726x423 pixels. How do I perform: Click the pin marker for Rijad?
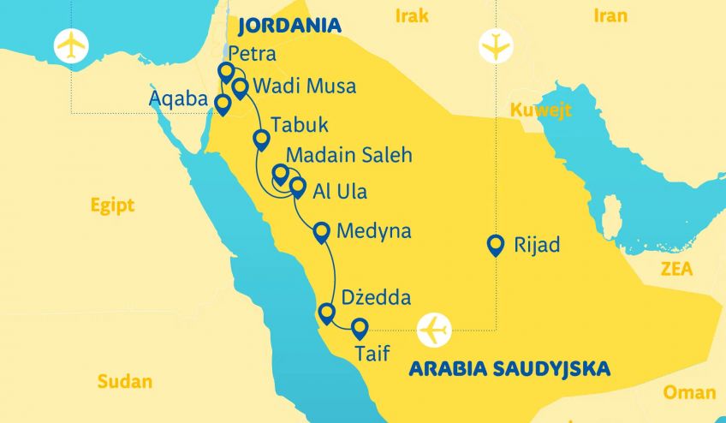(494, 245)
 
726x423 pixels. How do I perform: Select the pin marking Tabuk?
(261, 140)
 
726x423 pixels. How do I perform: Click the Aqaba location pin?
(223, 104)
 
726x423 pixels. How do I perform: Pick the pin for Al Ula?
(297, 186)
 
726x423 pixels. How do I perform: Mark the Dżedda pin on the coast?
(325, 313)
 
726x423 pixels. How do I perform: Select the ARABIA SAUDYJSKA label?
(509, 369)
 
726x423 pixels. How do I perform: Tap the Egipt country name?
(113, 205)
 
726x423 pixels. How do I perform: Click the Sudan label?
(124, 382)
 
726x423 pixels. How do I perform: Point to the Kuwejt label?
(540, 110)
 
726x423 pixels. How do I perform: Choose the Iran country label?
(610, 15)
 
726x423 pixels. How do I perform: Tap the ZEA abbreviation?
(675, 270)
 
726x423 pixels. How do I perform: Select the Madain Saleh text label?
(349, 155)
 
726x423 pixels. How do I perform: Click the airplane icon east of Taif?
(435, 328)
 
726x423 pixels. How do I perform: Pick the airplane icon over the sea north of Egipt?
(71, 45)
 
